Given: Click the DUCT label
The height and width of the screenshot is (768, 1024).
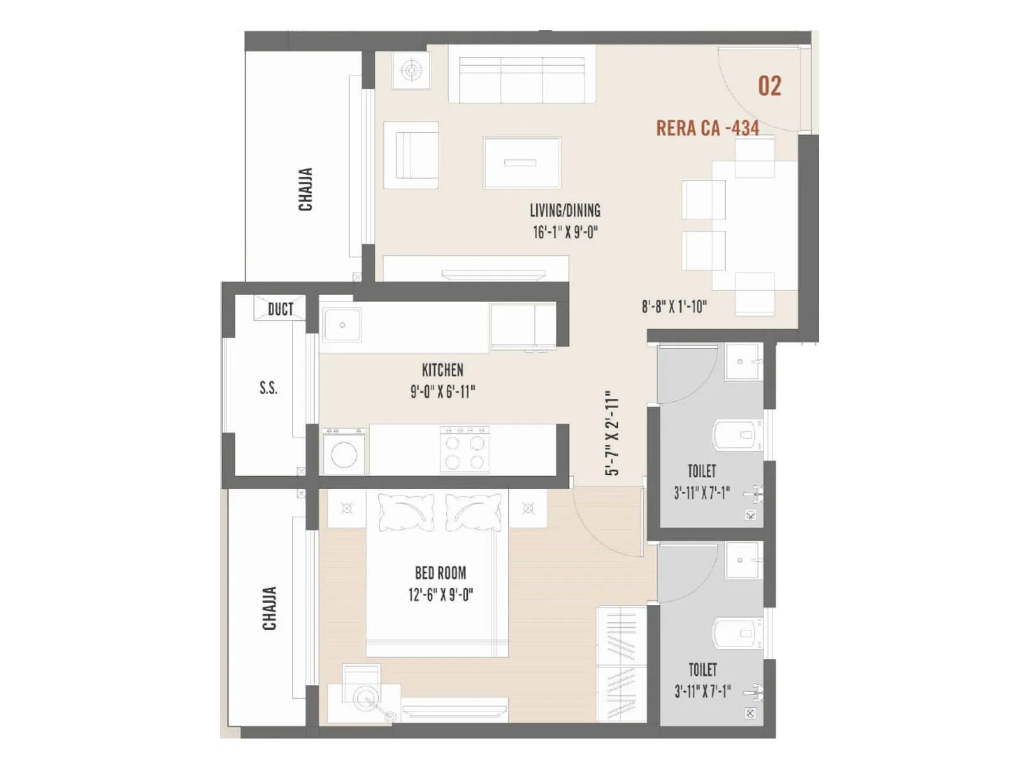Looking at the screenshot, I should [x=280, y=310].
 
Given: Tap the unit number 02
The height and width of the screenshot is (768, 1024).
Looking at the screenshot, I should [x=769, y=86].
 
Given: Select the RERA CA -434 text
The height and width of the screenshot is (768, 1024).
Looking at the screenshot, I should [x=707, y=128].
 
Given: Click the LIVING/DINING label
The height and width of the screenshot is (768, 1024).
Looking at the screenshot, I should [x=564, y=211].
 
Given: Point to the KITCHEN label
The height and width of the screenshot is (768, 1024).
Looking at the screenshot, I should [x=442, y=370].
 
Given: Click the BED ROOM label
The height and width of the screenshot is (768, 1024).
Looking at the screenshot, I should [x=440, y=573].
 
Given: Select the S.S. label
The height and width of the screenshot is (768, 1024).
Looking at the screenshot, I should [x=268, y=388].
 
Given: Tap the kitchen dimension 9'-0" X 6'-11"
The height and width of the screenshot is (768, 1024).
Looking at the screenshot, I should [x=442, y=392].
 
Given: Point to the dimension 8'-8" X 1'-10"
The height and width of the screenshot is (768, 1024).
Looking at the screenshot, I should [x=674, y=307].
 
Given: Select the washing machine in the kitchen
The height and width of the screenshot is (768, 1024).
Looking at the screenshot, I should [x=344, y=452].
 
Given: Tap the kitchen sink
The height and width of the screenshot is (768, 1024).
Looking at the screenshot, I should [x=342, y=325].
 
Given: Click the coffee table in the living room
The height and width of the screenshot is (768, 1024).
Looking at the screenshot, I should [x=522, y=163].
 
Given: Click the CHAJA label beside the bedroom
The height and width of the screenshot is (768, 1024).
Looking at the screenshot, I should [x=269, y=608].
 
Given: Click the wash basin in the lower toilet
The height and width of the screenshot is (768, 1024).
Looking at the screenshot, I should [x=742, y=561].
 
